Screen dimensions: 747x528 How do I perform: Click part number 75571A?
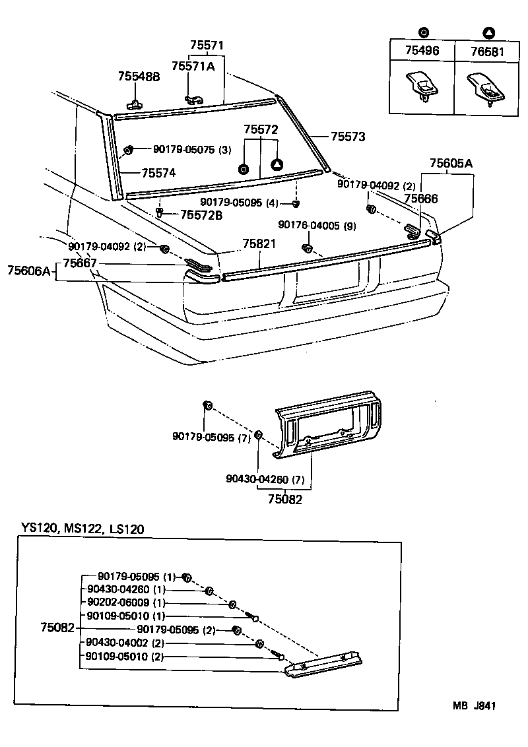coord(193,65)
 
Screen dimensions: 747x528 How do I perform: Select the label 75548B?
coord(139,77)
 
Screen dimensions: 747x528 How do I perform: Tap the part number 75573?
coord(348,137)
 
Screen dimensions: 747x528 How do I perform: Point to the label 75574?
coord(159,174)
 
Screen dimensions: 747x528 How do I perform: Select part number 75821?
coord(259,244)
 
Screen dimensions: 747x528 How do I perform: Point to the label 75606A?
coord(29,271)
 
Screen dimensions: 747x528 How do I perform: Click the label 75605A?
coord(451,163)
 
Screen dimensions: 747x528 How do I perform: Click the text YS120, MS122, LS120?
coord(82,529)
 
